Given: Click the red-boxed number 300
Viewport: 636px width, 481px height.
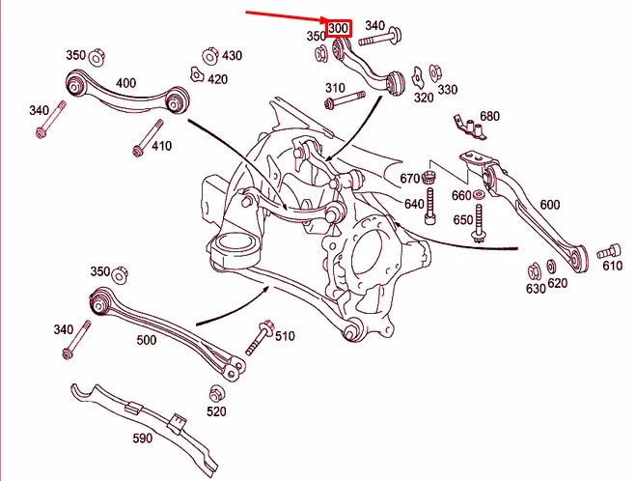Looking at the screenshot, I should pyautogui.click(x=338, y=29).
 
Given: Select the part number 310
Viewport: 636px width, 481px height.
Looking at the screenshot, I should pyautogui.click(x=335, y=88).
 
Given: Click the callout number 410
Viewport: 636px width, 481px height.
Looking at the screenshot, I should pyautogui.click(x=160, y=147).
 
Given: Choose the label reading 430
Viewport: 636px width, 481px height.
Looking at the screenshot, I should pyautogui.click(x=232, y=56).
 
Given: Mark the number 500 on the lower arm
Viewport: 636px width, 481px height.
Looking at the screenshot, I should pyautogui.click(x=147, y=340).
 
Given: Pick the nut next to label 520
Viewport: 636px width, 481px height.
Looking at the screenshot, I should pyautogui.click(x=216, y=395).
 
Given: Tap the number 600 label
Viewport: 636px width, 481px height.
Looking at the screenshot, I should pyautogui.click(x=549, y=205).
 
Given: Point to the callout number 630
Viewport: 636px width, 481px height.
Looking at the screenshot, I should pyautogui.click(x=536, y=288).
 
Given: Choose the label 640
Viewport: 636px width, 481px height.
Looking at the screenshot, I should pyautogui.click(x=414, y=204).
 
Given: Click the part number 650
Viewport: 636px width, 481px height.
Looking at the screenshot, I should pyautogui.click(x=463, y=220).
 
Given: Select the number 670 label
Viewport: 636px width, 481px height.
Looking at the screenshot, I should pyautogui.click(x=411, y=178).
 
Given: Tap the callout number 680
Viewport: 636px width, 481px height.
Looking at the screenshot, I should pyautogui.click(x=490, y=117).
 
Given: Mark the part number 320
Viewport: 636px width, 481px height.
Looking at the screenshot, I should pyautogui.click(x=424, y=97).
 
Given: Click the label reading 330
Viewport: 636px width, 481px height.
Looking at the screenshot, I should pyautogui.click(x=448, y=90).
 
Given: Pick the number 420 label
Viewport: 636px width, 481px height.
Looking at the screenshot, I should pyautogui.click(x=217, y=79).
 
